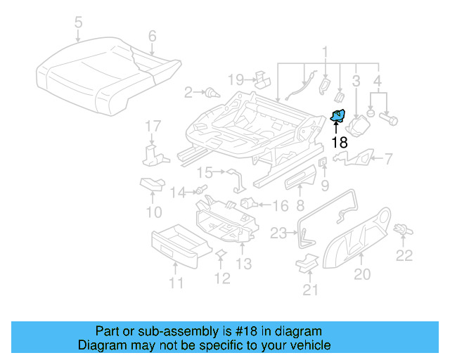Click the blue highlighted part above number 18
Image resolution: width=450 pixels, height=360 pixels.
[338, 116]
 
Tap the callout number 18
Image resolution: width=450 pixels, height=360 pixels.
[339, 142]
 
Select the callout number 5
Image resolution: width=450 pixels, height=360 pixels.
[78, 23]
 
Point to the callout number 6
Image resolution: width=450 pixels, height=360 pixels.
[152, 36]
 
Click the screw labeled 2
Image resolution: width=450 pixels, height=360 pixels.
[210, 92]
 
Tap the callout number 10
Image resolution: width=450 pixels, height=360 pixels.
[153, 211]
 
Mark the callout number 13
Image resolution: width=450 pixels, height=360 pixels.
[243, 264]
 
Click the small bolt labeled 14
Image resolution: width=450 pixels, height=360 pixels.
[201, 190]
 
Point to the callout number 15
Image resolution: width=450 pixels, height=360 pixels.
[205, 172]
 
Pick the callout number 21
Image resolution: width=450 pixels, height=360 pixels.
[310, 289]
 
